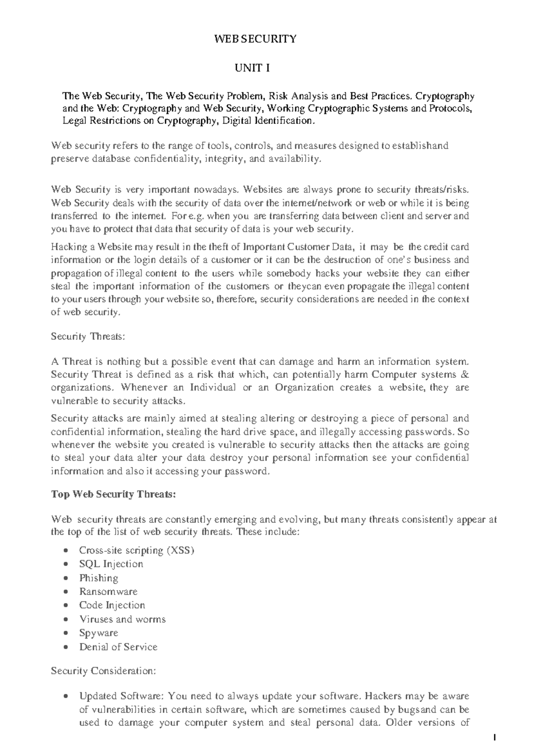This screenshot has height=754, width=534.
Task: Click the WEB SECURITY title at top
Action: tap(255, 39)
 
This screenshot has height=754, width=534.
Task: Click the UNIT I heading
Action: tap(252, 68)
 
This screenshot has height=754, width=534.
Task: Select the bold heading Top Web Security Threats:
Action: tap(113, 494)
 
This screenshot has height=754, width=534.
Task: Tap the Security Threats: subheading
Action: tap(88, 336)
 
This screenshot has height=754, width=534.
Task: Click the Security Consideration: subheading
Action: tap(103, 671)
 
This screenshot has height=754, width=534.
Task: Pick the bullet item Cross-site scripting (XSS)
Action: tap(137, 551)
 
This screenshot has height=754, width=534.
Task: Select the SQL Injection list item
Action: tap(111, 564)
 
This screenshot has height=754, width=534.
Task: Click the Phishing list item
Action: tap(98, 578)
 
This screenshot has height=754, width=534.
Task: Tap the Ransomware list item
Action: tap(108, 592)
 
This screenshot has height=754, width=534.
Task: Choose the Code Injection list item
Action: tap(112, 605)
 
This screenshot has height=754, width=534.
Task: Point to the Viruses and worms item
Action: tap(122, 619)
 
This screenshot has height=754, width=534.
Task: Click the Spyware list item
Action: tap(98, 633)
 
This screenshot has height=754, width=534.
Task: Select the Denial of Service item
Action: tap(118, 647)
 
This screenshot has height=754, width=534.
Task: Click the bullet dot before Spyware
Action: tap(66, 633)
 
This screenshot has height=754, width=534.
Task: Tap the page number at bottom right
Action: tap(494, 738)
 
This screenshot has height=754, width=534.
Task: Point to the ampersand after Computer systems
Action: tap(466, 375)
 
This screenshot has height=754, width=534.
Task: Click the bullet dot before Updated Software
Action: tap(66, 696)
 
